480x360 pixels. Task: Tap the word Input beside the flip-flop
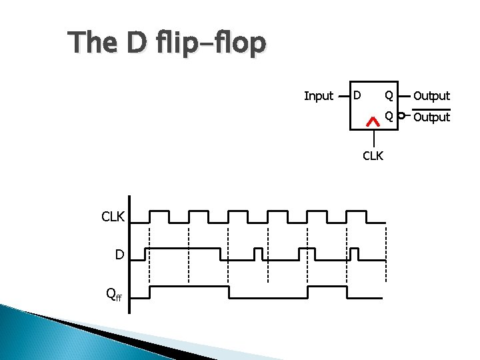click(318, 96)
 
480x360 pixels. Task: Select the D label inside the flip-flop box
click(357, 95)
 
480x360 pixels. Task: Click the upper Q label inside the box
click(388, 95)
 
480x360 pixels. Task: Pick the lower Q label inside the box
click(388, 117)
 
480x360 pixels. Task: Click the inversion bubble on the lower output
click(401, 117)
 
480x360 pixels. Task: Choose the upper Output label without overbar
click(431, 96)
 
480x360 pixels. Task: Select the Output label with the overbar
click(431, 117)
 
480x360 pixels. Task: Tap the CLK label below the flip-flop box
click(373, 157)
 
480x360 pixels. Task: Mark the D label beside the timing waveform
click(119, 255)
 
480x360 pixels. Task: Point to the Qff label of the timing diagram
click(114, 294)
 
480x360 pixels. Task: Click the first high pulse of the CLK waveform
click(159, 212)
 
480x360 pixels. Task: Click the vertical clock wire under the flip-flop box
click(374, 138)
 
